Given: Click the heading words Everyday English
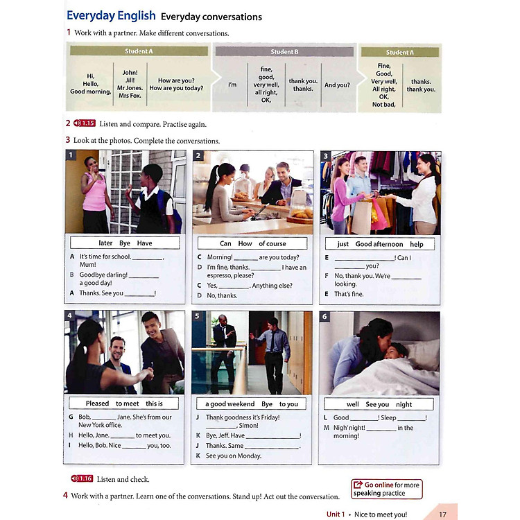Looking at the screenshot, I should point(110,16).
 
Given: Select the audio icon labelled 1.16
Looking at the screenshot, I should point(82,478).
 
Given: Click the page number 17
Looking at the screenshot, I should point(443,514).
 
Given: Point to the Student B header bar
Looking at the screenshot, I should point(284,51).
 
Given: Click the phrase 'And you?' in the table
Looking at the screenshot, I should point(338,85).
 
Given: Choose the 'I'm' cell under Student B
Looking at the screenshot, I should point(232,85).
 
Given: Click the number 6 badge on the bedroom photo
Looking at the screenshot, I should point(324,317).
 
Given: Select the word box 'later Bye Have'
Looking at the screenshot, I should point(125,243).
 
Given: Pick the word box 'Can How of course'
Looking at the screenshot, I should point(252,243).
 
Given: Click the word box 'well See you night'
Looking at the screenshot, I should point(379,404).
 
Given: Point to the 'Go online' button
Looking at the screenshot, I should point(386,489).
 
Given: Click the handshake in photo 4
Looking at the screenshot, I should point(144,373).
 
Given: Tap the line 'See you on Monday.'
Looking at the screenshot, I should point(234,456).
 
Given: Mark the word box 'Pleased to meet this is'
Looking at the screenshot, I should point(124,404).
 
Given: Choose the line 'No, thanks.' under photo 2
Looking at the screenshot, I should point(222,295).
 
